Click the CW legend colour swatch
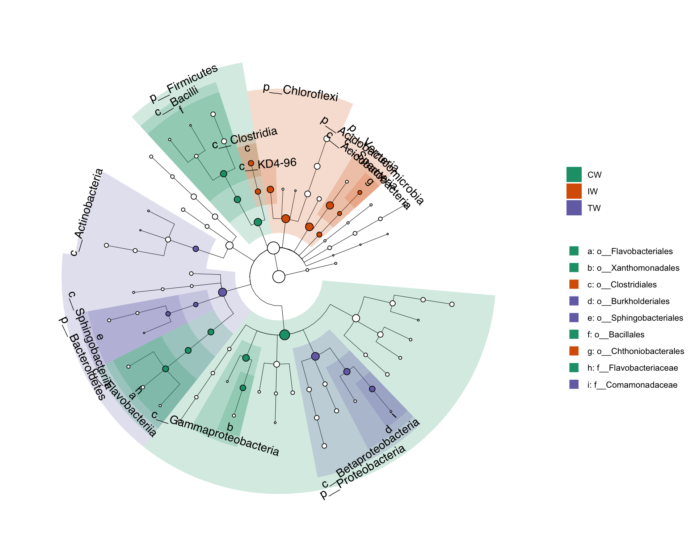point(574,174)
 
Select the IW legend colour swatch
point(574,191)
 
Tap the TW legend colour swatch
point(574,208)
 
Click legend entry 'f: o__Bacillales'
point(615,334)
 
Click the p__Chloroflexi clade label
point(300,93)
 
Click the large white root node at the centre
point(279,277)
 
